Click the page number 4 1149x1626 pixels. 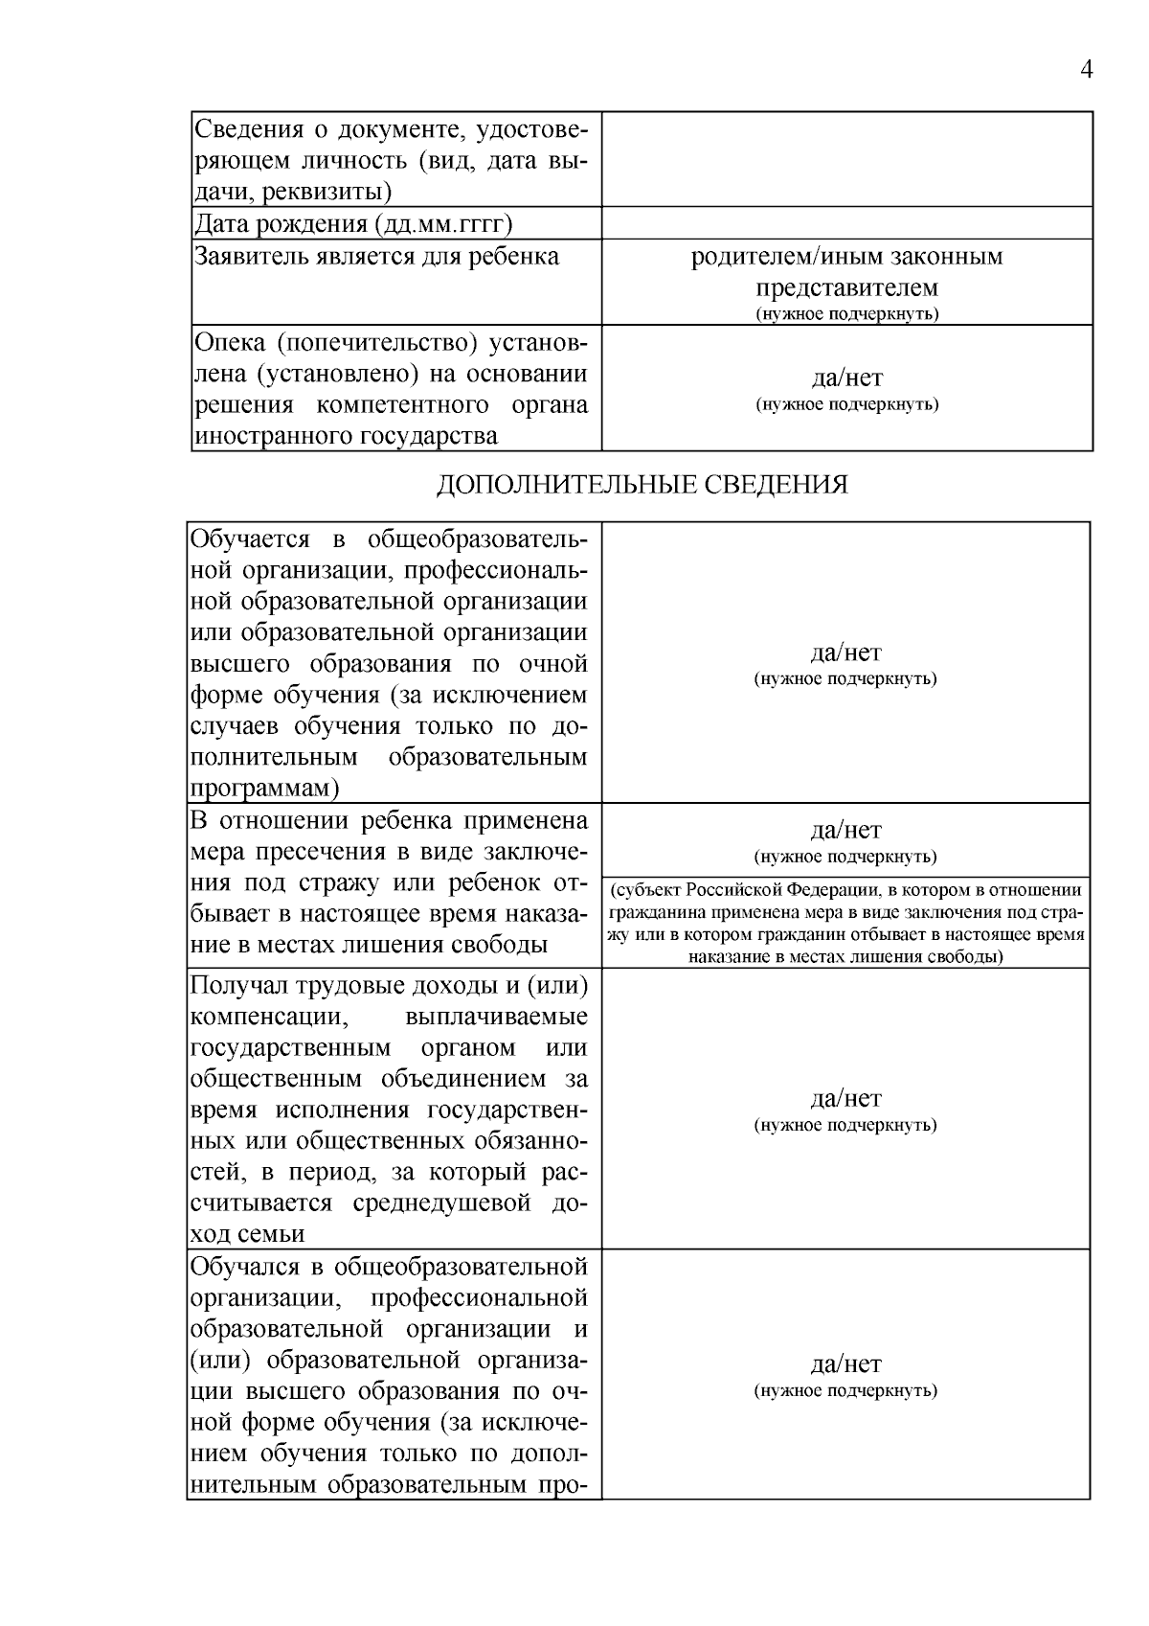click(x=1086, y=70)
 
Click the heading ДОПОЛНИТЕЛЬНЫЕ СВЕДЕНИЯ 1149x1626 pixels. click(x=642, y=485)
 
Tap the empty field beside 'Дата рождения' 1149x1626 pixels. click(x=846, y=224)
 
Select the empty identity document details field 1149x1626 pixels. click(x=846, y=159)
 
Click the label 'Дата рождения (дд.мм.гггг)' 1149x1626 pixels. click(x=353, y=224)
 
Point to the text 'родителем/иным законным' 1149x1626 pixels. click(x=846, y=257)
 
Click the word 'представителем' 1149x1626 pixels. click(x=846, y=287)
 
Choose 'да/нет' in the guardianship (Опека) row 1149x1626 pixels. click(x=846, y=378)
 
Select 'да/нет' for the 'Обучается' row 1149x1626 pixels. click(x=845, y=653)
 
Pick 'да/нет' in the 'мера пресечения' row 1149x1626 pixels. click(x=845, y=830)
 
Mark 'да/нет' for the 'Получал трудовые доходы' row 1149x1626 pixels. click(x=845, y=1098)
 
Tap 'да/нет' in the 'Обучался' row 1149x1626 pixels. click(x=845, y=1363)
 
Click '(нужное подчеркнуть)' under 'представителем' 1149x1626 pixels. click(x=846, y=314)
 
